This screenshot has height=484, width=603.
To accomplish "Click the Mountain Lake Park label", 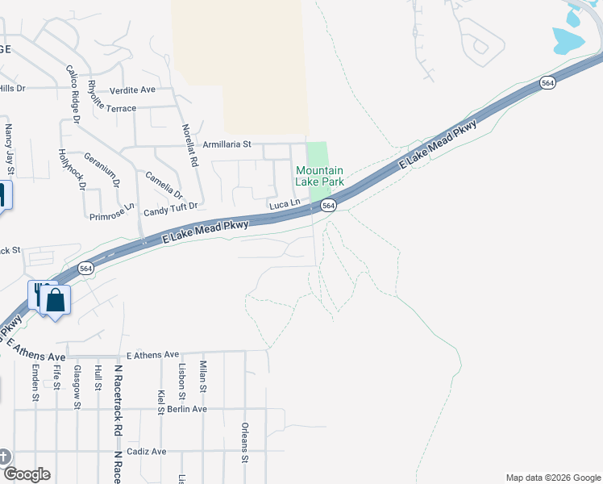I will coord(320,176).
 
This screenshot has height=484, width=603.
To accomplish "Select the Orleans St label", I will coord(244,442).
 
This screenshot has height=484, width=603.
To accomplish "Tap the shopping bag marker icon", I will coord(56,300).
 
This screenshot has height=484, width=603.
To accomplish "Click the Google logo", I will coord(26,474).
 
